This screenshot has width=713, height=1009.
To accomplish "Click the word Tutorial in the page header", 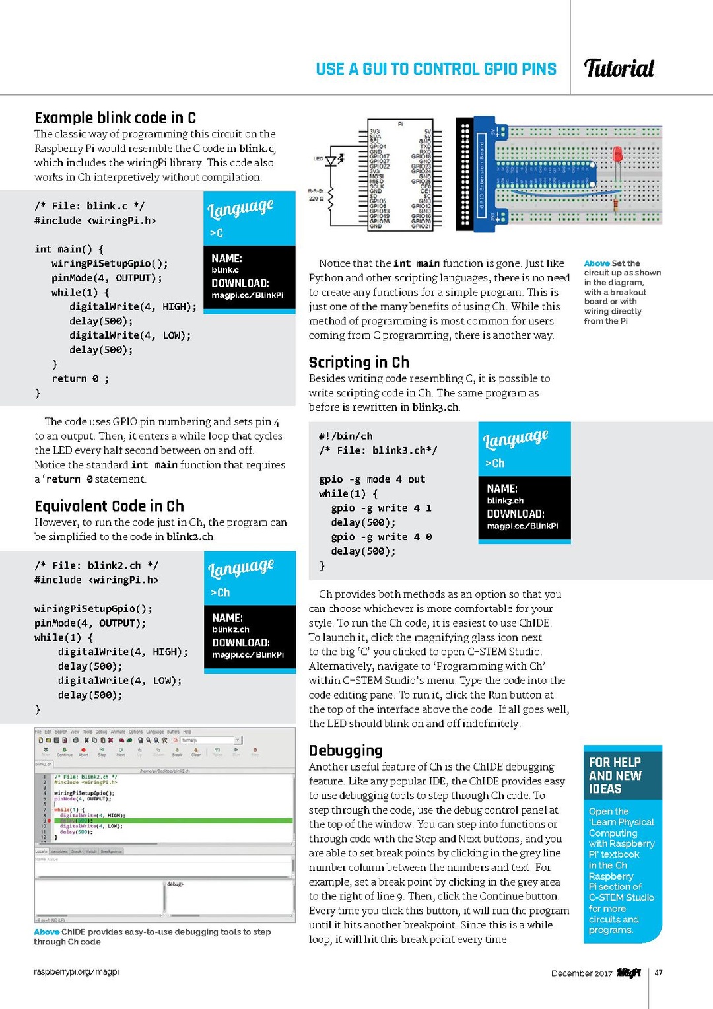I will pyautogui.click(x=619, y=68).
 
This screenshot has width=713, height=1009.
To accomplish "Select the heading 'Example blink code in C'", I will pyautogui.click(x=115, y=118).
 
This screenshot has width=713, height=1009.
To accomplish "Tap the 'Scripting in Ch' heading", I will pyautogui.click(x=358, y=362).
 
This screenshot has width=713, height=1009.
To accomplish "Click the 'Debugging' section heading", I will pyautogui.click(x=345, y=750).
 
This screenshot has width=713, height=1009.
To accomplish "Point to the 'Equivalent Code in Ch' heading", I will pyautogui.click(x=109, y=506).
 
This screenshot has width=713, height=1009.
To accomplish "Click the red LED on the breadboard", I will pyautogui.click(x=617, y=155).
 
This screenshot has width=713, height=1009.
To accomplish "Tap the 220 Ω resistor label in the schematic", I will pyautogui.click(x=316, y=198).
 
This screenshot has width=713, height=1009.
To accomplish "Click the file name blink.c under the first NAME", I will pyautogui.click(x=225, y=270).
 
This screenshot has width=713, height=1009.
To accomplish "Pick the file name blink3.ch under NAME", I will pyautogui.click(x=504, y=501).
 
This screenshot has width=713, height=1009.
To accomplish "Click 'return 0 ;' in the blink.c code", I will pyautogui.click(x=81, y=378).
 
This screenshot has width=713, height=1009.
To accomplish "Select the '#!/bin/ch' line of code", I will pyautogui.click(x=345, y=436).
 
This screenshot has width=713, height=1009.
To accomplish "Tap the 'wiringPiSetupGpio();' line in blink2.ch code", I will pyautogui.click(x=93, y=608).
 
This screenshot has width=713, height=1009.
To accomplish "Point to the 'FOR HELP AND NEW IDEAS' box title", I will pyautogui.click(x=615, y=775).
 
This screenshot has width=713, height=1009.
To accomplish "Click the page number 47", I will pyautogui.click(x=658, y=973).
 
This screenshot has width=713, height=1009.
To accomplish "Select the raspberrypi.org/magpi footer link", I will pyautogui.click(x=76, y=971).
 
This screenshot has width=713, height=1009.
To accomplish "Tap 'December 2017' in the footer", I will pyautogui.click(x=581, y=973).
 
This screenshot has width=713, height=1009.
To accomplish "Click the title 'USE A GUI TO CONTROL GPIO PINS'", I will pyautogui.click(x=436, y=69).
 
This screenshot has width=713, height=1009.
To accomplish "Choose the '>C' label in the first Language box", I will pyautogui.click(x=217, y=233).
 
